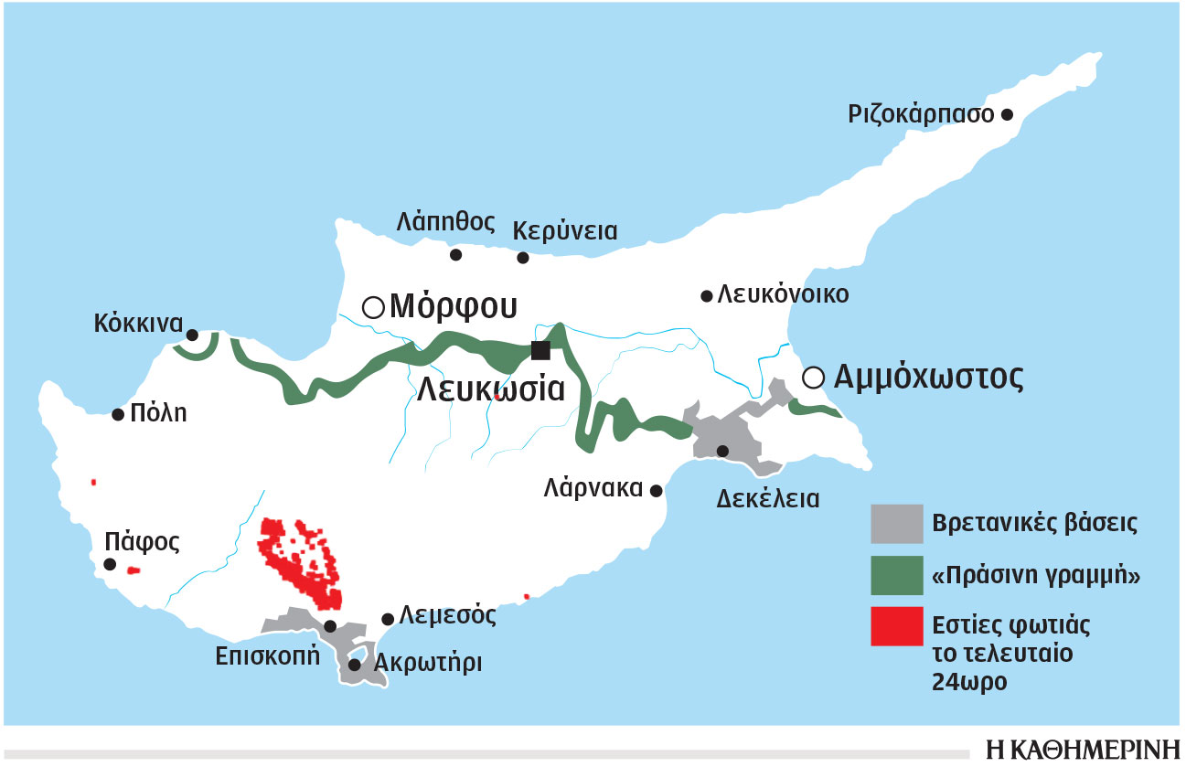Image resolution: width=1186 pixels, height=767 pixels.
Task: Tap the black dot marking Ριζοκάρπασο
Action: pyautogui.click(x=1007, y=115)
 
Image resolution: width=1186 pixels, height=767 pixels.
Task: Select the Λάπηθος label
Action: pyautogui.click(x=446, y=221)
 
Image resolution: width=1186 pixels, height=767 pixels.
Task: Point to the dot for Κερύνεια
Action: pyautogui.click(x=523, y=258)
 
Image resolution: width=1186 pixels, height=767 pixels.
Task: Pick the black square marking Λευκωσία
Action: pyautogui.click(x=540, y=350)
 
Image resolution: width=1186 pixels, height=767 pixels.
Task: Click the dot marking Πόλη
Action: pyautogui.click(x=118, y=415)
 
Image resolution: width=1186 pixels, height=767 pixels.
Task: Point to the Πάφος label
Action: pyautogui.click(x=142, y=540)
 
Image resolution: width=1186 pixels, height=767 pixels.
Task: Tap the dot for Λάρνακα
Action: pyautogui.click(x=656, y=491)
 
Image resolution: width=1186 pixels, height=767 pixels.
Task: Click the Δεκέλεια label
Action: pyautogui.click(x=768, y=499)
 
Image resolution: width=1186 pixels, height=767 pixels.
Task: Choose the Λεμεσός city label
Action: pyautogui.click(x=447, y=615)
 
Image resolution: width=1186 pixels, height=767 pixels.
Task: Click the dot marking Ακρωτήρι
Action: pyautogui.click(x=354, y=665)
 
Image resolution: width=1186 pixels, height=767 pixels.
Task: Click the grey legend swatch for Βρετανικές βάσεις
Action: pyautogui.click(x=897, y=524)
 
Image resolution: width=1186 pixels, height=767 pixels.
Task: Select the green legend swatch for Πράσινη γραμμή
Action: pyautogui.click(x=897, y=575)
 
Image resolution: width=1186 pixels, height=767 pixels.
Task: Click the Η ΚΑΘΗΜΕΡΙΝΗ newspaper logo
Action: pyautogui.click(x=1083, y=748)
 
